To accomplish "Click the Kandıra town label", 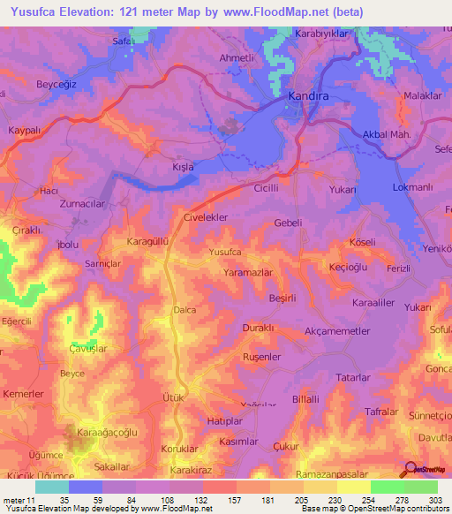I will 309,94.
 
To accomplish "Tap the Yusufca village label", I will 224,253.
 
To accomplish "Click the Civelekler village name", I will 206,216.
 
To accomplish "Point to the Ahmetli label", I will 236,58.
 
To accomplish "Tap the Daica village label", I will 185,310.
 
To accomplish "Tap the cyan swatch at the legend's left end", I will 52,487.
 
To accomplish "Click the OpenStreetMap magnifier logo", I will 409,468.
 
